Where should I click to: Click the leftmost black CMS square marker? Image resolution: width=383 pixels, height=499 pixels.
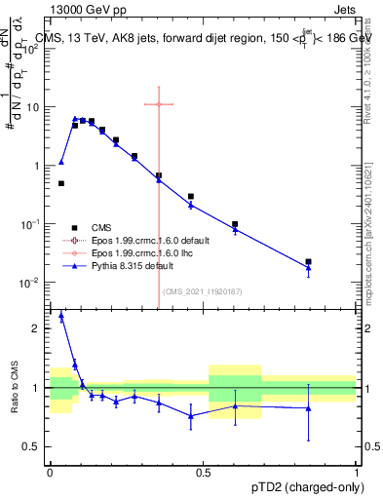[61, 183]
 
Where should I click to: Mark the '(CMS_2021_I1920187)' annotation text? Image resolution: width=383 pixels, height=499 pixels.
[202, 291]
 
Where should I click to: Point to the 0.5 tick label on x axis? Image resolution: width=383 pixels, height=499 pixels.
[203, 471]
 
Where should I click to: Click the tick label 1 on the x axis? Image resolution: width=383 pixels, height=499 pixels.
[357, 471]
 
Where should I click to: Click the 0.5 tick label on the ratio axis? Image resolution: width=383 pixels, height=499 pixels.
[34, 447]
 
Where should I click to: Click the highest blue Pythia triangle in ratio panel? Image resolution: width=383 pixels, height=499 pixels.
[62, 316]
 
